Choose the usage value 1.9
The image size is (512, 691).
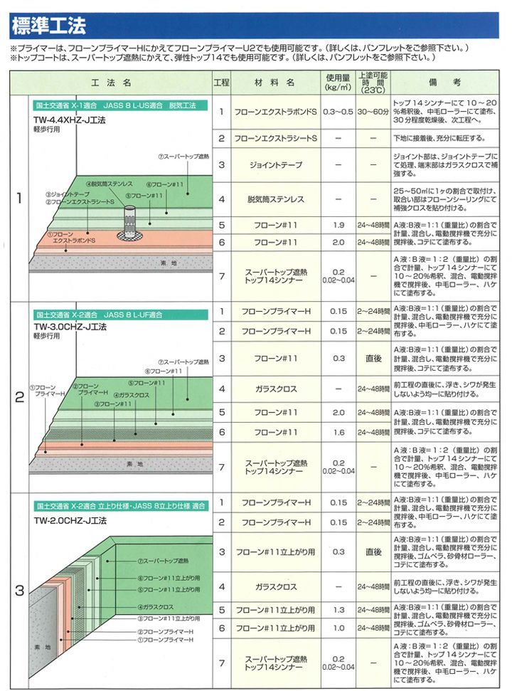(x=338, y=226)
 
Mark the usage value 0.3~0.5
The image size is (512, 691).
(x=338, y=112)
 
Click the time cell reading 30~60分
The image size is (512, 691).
(x=373, y=112)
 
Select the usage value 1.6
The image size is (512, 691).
(x=338, y=432)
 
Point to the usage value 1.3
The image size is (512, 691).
(x=338, y=610)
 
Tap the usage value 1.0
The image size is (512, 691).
(x=338, y=628)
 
